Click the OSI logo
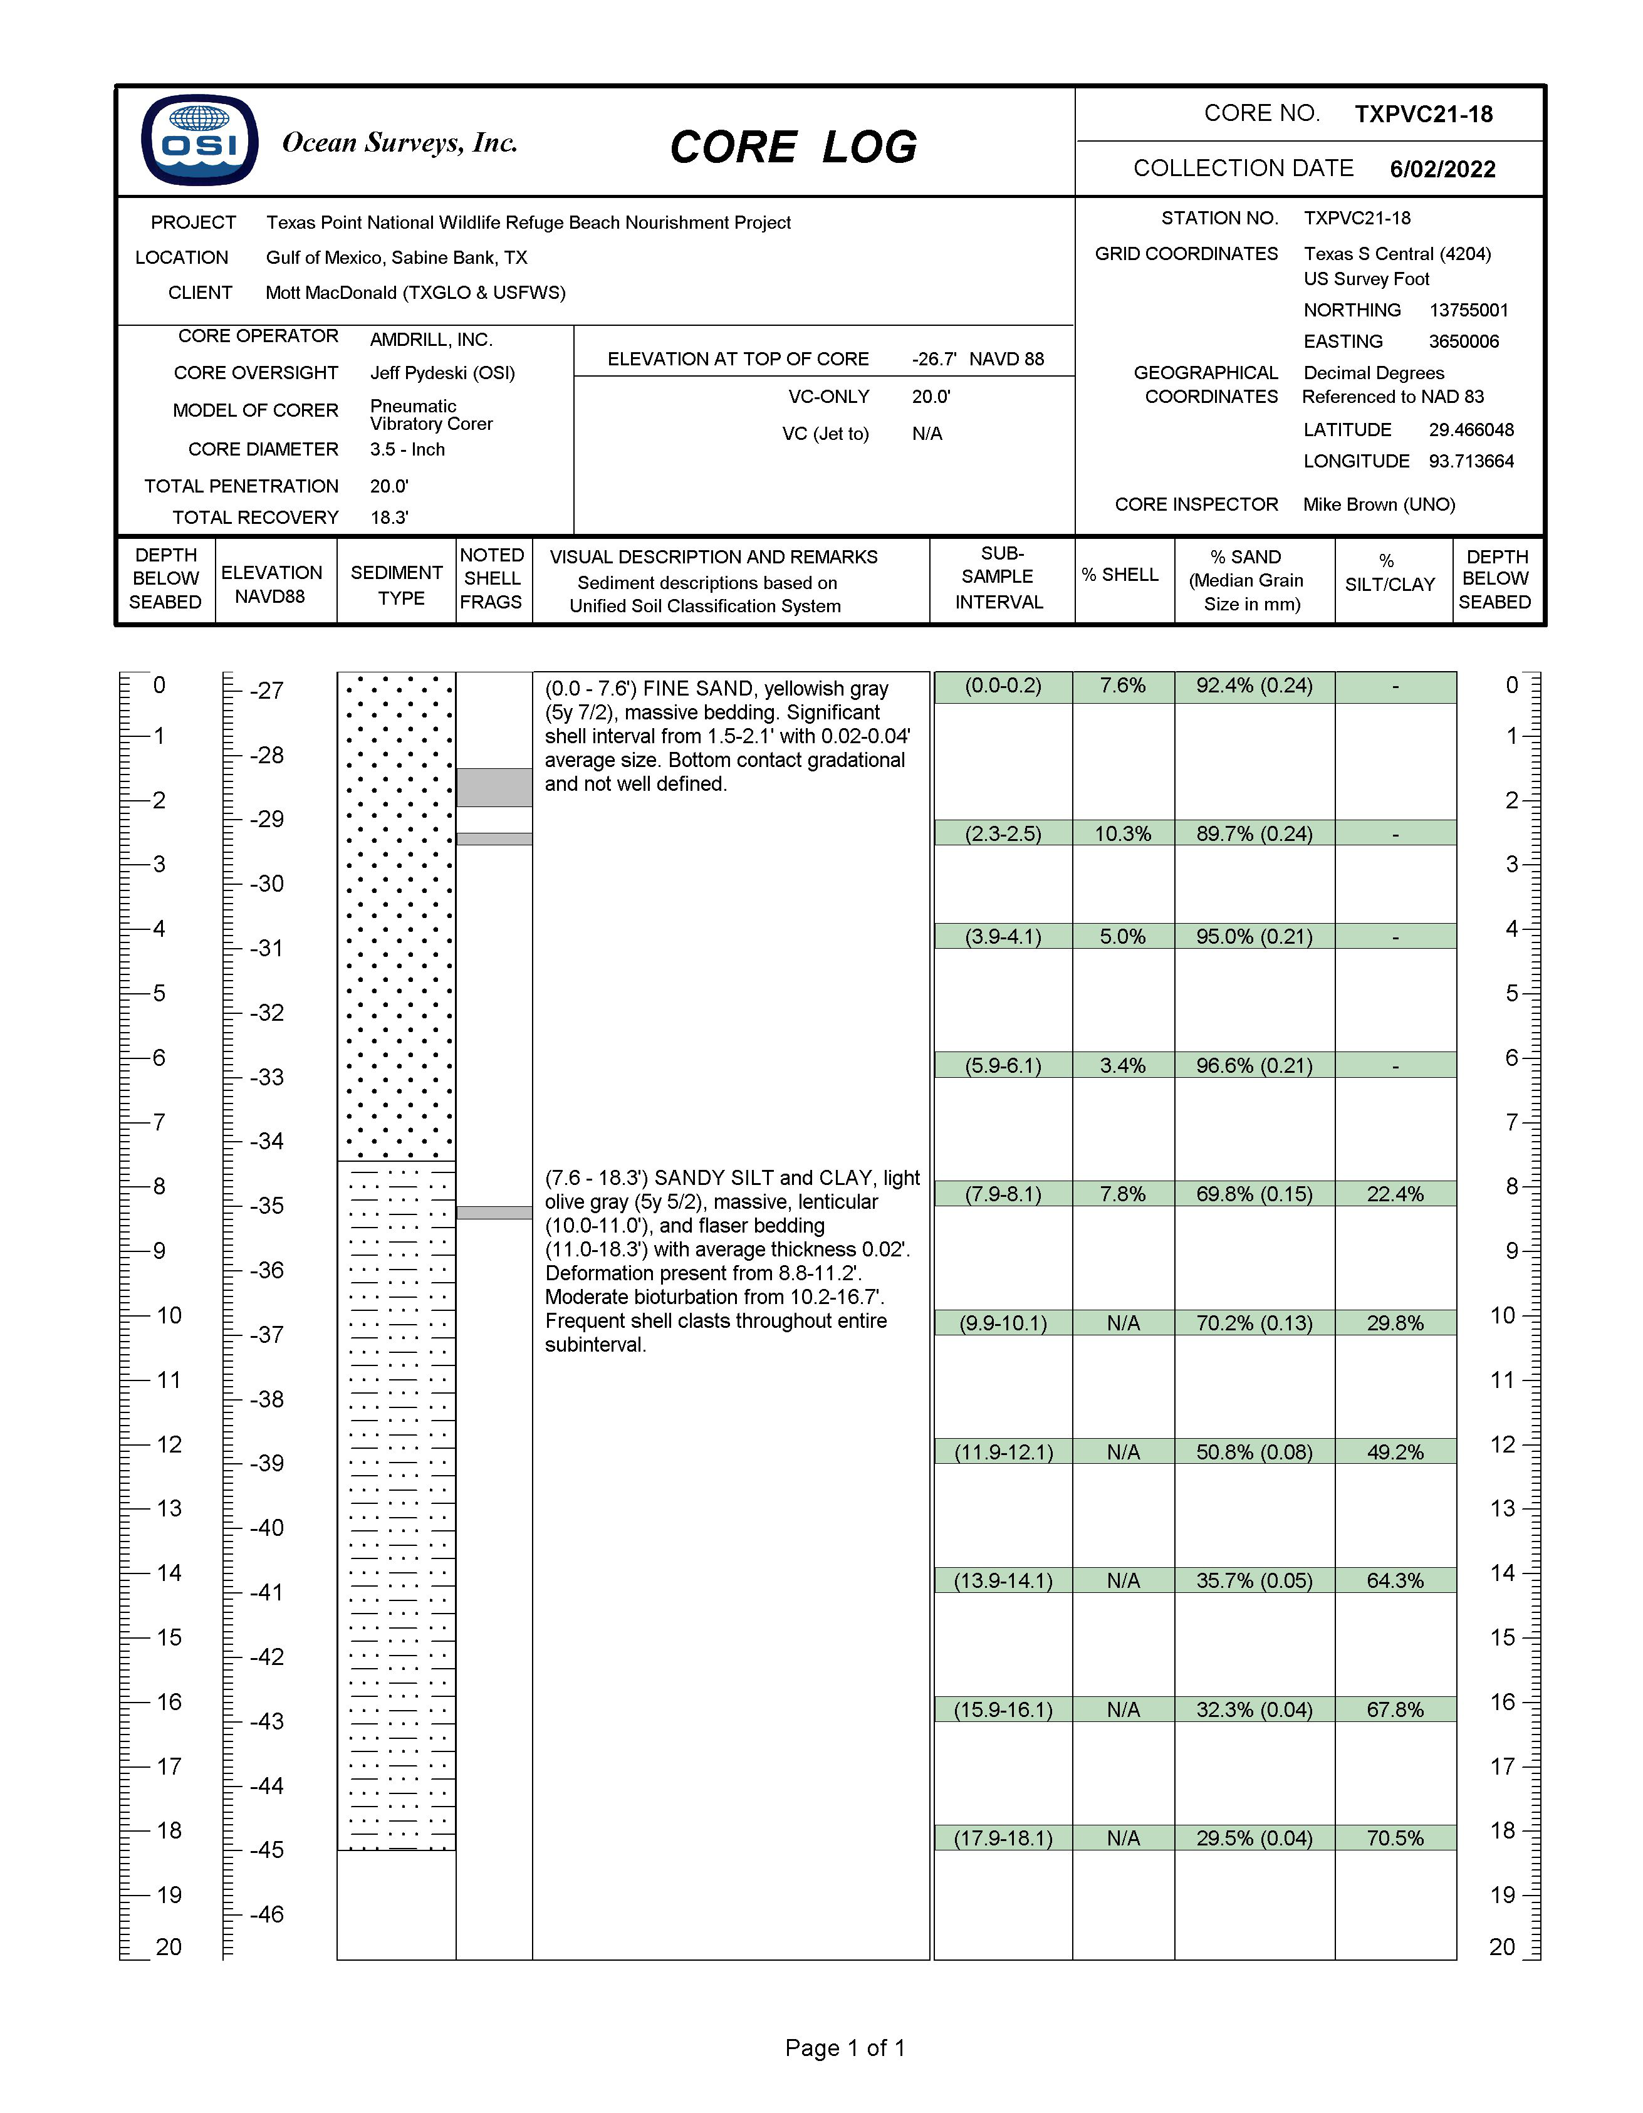[199, 140]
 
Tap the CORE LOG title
[793, 147]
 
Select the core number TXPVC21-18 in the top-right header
[1422, 114]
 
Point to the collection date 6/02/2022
[1442, 169]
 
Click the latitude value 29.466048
[1471, 430]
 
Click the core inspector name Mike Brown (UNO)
[1378, 504]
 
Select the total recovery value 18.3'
[389, 518]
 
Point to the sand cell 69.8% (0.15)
[1253, 1194]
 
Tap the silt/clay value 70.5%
[1394, 1839]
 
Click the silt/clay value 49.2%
[1394, 1452]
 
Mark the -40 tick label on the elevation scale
[266, 1528]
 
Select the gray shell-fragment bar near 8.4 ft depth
[494, 1213]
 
